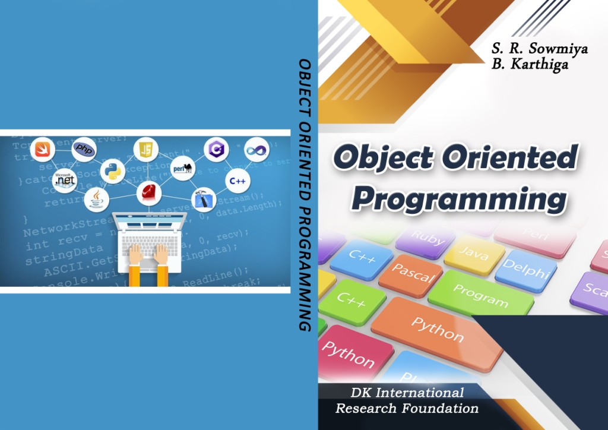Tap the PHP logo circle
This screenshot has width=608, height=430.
(x=84, y=149)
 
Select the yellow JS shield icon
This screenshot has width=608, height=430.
(x=145, y=149)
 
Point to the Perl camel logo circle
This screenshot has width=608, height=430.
(x=182, y=168)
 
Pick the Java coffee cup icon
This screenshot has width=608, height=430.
(x=96, y=200)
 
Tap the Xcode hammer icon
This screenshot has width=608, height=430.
(x=203, y=201)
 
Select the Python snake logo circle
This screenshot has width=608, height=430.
(x=112, y=171)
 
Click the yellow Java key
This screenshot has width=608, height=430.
(x=474, y=255)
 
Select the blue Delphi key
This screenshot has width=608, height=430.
(x=525, y=270)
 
